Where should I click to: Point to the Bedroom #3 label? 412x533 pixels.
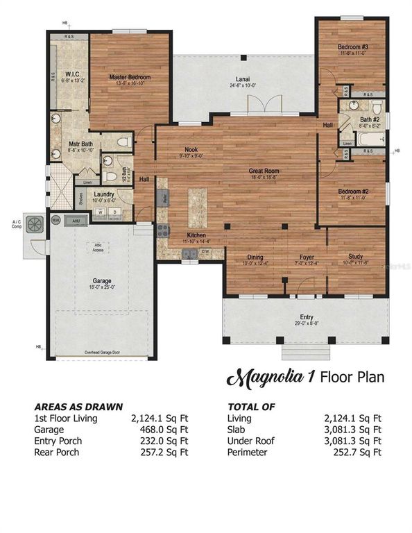354,47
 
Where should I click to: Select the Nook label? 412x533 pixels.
191,149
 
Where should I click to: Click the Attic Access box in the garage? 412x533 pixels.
98,247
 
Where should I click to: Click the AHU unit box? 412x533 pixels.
78,221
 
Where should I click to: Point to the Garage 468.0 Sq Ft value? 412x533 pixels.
167,430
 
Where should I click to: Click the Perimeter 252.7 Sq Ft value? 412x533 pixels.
359,452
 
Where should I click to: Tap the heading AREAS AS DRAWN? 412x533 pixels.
78,407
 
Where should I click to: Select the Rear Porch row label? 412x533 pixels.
57,452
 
